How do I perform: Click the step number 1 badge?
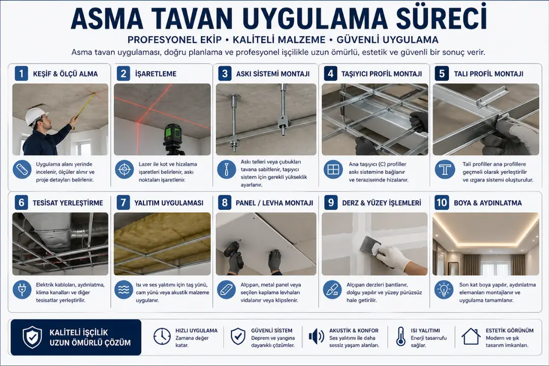(21, 74)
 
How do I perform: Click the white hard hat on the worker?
(36, 116)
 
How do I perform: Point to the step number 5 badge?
(442, 74)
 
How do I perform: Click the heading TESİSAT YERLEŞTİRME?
(68, 203)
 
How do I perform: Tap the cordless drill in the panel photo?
(235, 251)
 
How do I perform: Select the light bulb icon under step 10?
(444, 290)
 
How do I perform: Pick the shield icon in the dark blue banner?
(33, 337)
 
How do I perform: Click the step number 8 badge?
(225, 203)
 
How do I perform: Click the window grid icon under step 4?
(333, 169)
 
